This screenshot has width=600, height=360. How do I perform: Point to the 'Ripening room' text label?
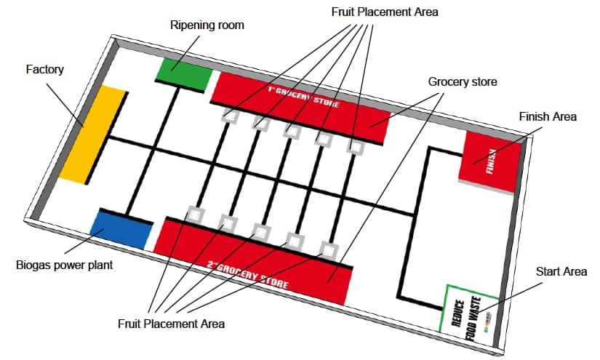click(x=207, y=25)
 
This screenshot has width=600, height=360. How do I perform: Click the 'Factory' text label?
click(x=45, y=70)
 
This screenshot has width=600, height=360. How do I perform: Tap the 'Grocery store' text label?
click(x=463, y=82)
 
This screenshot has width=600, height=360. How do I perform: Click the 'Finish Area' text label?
click(x=548, y=116)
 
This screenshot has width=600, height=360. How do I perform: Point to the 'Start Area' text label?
click(x=561, y=272)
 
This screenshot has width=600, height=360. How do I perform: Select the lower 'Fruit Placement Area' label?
click(x=171, y=323)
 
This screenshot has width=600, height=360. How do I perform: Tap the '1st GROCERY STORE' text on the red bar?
click(x=303, y=97)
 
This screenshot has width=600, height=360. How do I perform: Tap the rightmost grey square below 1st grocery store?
click(x=355, y=148)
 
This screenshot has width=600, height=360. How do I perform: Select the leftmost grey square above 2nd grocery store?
click(x=195, y=214)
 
